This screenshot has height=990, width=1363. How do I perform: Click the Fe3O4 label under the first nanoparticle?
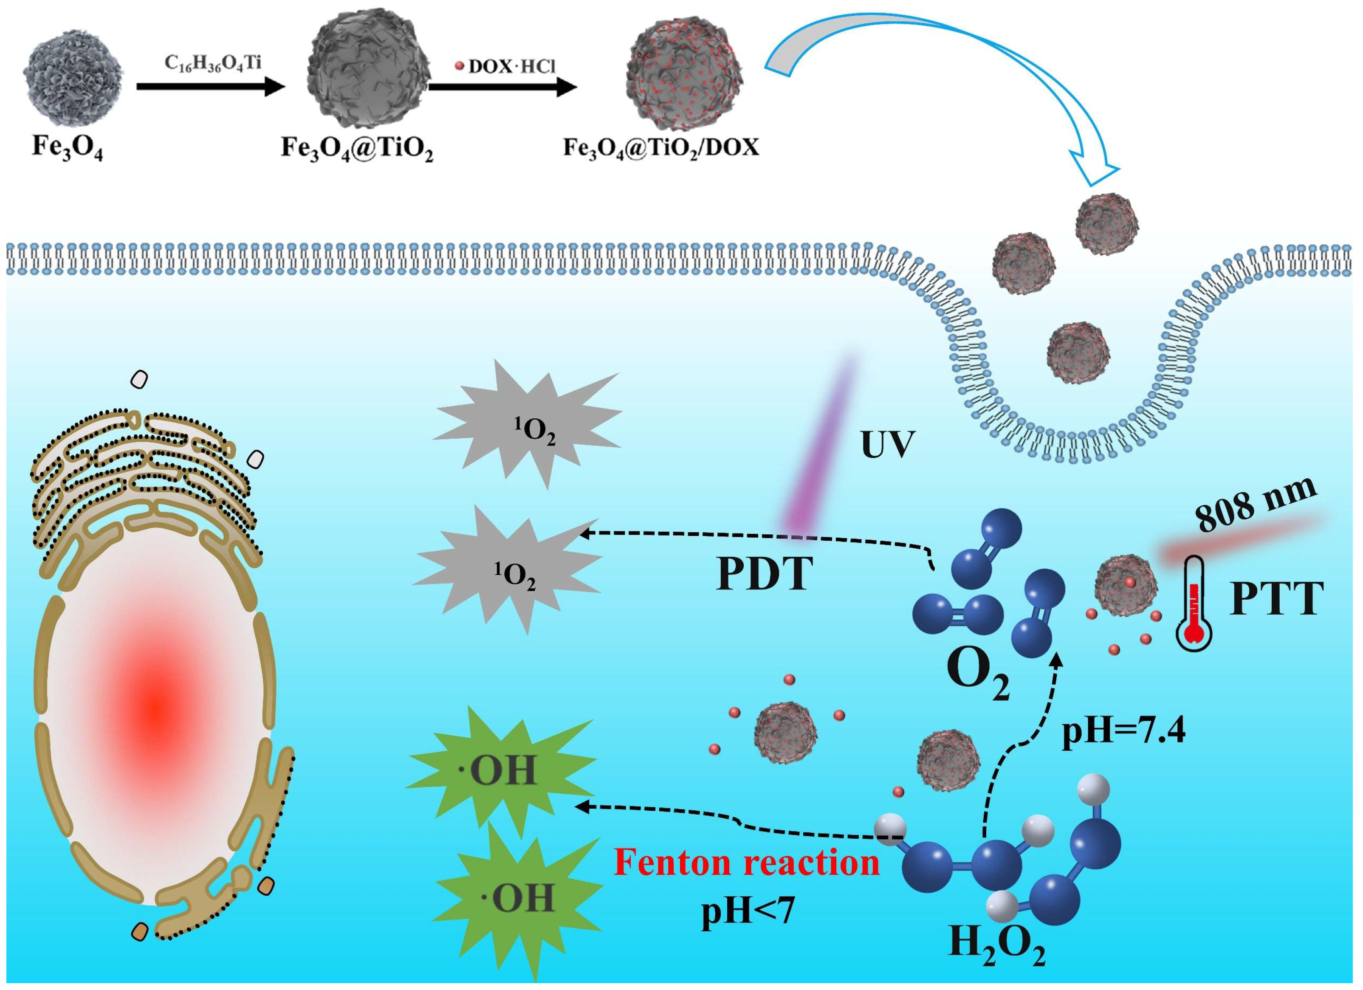pos(67,148)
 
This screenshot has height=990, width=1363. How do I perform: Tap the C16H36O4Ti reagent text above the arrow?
pos(213,62)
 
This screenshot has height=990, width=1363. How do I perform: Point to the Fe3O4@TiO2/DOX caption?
pos(661,148)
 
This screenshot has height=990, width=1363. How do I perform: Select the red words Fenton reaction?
pos(746,863)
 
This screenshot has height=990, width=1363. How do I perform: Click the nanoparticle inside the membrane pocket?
pos(1078,353)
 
